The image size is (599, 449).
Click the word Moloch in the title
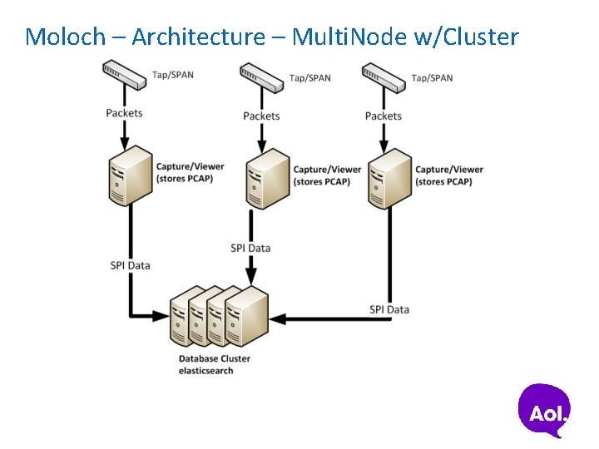click(x=66, y=37)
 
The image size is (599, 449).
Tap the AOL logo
click(x=545, y=410)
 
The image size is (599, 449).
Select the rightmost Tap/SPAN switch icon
click(x=384, y=76)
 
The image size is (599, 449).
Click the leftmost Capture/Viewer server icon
click(x=131, y=175)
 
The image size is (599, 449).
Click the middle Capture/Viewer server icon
click(x=268, y=177)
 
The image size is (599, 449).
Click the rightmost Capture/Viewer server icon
click(x=390, y=177)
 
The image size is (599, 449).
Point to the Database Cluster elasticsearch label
click(x=214, y=364)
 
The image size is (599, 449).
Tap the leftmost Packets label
click(x=124, y=113)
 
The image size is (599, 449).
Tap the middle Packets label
click(x=261, y=116)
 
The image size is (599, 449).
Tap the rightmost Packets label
click(x=383, y=116)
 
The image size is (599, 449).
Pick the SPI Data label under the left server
click(x=130, y=265)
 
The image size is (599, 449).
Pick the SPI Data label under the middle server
click(x=250, y=248)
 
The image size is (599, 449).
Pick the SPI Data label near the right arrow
click(x=389, y=309)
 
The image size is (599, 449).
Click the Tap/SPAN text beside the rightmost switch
click(x=432, y=78)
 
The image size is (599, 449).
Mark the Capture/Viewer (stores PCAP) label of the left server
click(x=190, y=173)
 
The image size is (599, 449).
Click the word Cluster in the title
click(x=481, y=37)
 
